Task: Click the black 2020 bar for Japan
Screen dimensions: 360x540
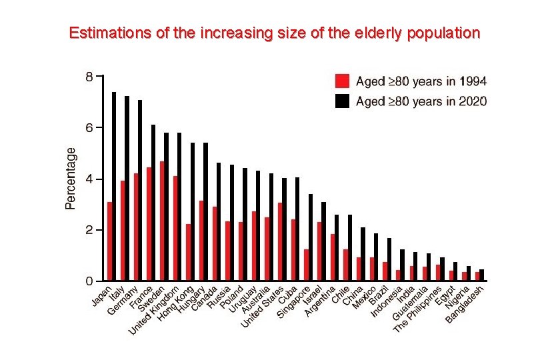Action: pyautogui.click(x=114, y=187)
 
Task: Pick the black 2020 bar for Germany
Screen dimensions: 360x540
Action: pyautogui.click(x=140, y=191)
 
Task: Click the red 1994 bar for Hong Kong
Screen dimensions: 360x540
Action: pyautogui.click(x=189, y=253)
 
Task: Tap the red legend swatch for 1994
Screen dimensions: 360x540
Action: pyautogui.click(x=342, y=81)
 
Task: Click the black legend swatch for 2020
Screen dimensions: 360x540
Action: pyautogui.click(x=342, y=101)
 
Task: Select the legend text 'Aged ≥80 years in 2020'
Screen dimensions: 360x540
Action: pyautogui.click(x=421, y=101)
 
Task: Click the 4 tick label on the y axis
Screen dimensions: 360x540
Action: pyautogui.click(x=89, y=179)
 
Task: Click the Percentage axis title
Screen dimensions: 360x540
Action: pyautogui.click(x=71, y=178)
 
